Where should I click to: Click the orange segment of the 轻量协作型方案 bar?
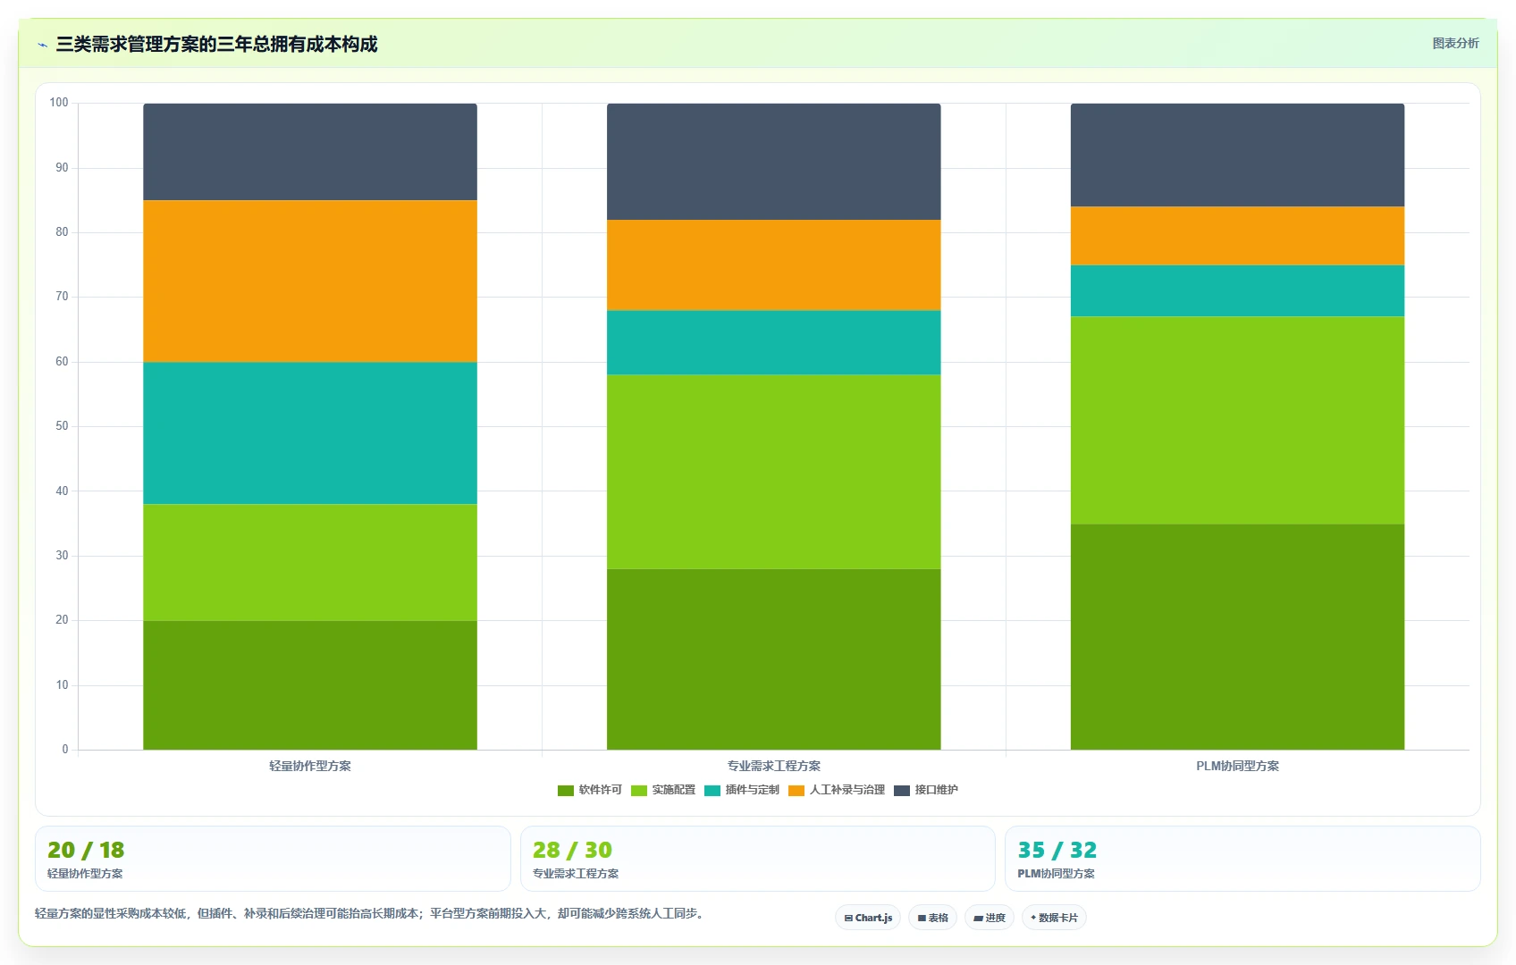pos(310,281)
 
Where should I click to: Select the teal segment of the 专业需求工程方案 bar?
pos(773,342)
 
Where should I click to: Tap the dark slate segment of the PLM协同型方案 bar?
pos(1237,155)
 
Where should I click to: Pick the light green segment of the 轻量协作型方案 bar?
pos(310,562)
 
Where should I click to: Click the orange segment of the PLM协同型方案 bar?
pos(1237,236)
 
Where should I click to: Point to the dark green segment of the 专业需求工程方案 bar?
pos(773,659)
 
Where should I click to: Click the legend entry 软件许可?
pos(589,790)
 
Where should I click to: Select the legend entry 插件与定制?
pos(742,790)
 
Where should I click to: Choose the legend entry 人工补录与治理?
pos(837,790)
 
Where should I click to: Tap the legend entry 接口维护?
pos(926,790)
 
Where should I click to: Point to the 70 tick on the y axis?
pos(62,297)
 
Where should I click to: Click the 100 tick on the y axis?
pos(59,102)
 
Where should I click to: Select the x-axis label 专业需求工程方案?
pos(773,766)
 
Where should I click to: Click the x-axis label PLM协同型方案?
pos(1237,766)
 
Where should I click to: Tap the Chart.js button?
pos(868,918)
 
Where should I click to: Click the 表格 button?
pos(932,918)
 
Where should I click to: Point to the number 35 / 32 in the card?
pos(1057,850)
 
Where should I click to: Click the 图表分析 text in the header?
pos(1456,43)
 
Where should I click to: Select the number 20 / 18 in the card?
pos(86,850)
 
